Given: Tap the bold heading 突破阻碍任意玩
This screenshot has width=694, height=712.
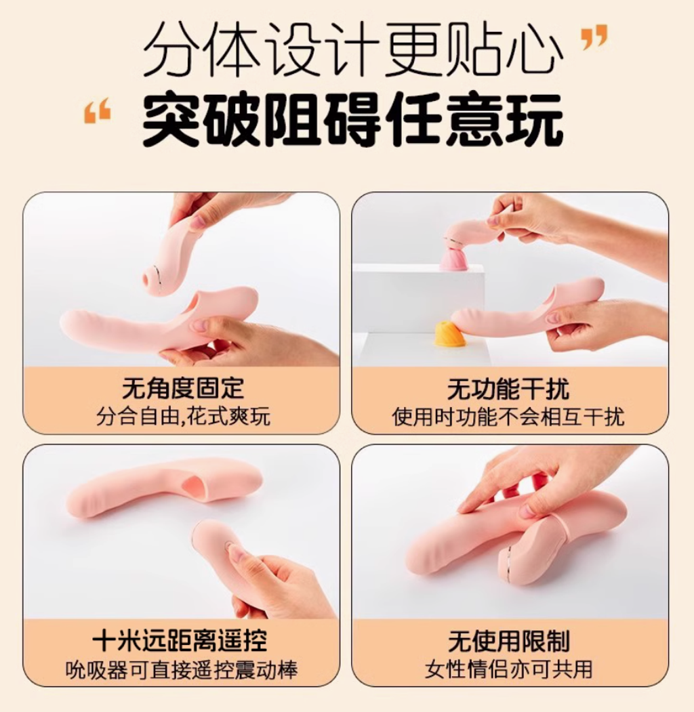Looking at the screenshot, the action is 353,119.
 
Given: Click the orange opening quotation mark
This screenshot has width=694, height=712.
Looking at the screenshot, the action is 97,110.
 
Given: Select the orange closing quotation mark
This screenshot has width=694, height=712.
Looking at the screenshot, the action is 594,37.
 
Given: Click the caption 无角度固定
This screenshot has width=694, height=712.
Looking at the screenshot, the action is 183,388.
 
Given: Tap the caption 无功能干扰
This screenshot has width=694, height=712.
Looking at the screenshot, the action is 508,389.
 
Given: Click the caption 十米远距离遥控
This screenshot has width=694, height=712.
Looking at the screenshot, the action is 180,641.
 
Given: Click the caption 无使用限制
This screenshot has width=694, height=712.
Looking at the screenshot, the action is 509,641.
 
